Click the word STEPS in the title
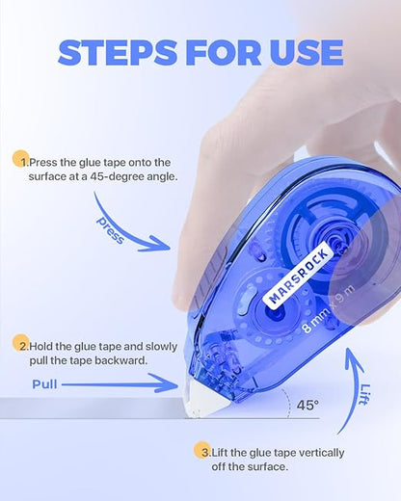[118, 53]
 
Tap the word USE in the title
[307, 53]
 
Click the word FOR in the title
[224, 53]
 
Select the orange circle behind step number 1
[21, 159]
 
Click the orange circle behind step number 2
[21, 343]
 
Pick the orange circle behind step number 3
[202, 450]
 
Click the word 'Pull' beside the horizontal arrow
[44, 384]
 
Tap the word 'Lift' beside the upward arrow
[364, 394]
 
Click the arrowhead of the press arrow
[161, 244]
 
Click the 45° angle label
[307, 406]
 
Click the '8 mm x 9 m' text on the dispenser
[328, 309]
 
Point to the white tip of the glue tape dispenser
[204, 400]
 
